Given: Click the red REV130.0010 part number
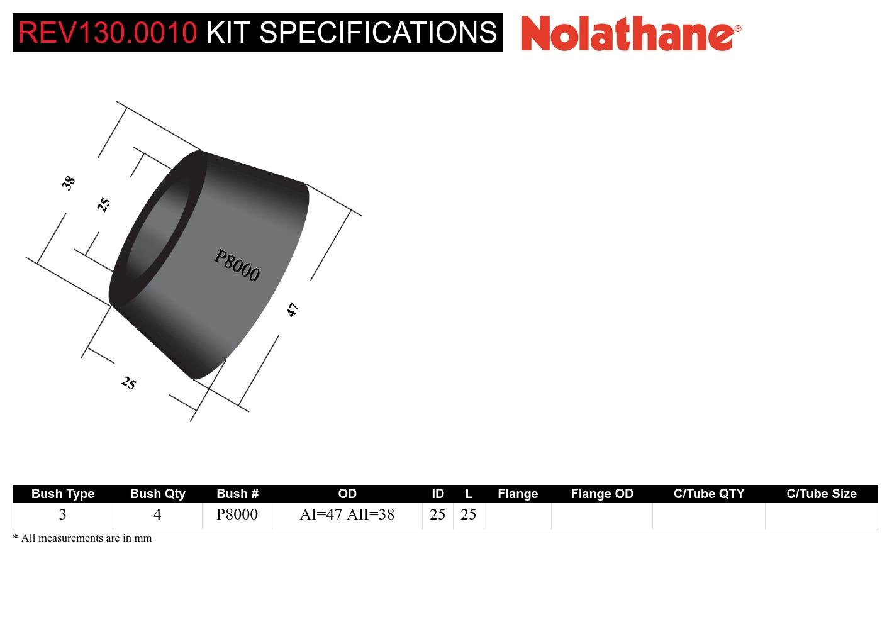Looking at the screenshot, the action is (x=108, y=33).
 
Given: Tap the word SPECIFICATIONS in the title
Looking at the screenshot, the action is (x=378, y=33).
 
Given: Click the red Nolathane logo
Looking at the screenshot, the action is (x=631, y=33).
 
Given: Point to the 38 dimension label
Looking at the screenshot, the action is (x=68, y=183).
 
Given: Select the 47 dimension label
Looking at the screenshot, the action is (x=293, y=309).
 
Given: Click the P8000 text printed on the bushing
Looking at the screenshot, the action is (x=237, y=265).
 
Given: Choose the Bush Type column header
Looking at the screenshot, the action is (x=62, y=494).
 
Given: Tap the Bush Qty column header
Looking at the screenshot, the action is (x=158, y=494).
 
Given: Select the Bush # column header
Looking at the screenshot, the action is (x=237, y=494).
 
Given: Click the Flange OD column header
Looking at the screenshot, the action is (x=602, y=494).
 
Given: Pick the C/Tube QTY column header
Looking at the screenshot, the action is (x=709, y=494).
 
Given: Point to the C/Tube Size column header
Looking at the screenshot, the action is (x=822, y=494).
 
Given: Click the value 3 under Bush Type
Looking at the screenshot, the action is (x=62, y=514).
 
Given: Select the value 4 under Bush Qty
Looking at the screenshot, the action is (x=157, y=514).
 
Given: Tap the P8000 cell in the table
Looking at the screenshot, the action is (x=237, y=514).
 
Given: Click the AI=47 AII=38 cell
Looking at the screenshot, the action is (x=347, y=514).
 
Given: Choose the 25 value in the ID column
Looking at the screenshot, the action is (x=437, y=514).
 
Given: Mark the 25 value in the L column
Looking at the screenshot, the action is (x=468, y=514).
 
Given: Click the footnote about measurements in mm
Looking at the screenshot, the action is (x=82, y=538).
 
